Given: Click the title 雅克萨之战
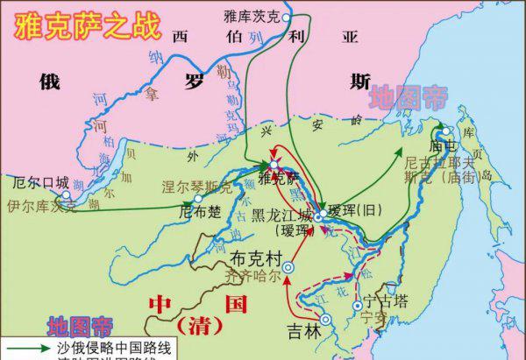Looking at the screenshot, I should [84, 24].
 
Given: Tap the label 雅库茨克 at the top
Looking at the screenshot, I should [253, 15].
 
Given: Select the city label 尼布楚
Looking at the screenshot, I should [199, 211].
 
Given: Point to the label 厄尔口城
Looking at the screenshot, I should [39, 182].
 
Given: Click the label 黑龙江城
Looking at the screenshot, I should [280, 215].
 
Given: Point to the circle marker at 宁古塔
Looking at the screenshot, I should [355, 307].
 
